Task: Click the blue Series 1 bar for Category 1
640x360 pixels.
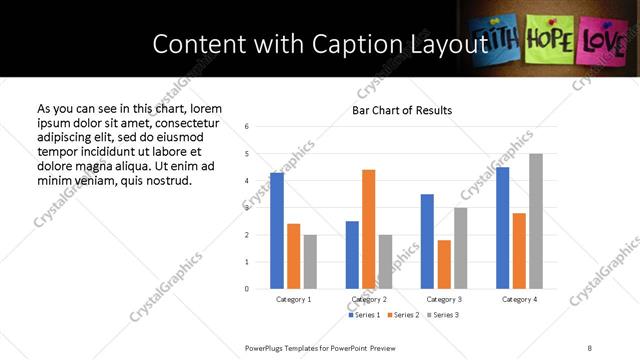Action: point(277,231)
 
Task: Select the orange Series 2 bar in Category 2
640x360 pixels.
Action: point(369,229)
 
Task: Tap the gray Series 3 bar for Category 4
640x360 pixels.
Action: point(536,221)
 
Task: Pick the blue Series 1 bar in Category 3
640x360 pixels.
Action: point(427,241)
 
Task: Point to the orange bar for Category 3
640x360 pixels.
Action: point(444,264)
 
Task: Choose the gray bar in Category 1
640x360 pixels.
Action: point(310,262)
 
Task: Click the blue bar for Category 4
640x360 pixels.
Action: point(502,228)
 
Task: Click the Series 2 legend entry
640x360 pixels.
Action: point(402,315)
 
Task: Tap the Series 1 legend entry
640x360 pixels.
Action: point(363,315)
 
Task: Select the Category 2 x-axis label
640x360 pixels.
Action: point(369,299)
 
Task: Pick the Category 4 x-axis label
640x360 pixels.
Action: point(519,299)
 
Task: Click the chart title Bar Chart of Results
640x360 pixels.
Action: point(402,110)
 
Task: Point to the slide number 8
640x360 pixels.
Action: point(590,347)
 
